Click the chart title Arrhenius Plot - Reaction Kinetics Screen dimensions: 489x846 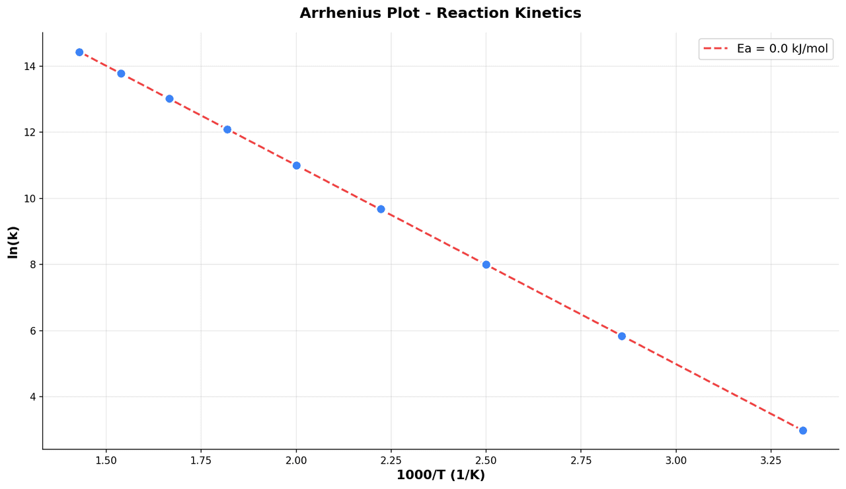(440, 13)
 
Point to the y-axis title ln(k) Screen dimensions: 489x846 (13, 242)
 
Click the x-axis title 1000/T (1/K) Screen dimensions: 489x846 (440, 475)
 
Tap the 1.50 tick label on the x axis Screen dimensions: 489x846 (106, 460)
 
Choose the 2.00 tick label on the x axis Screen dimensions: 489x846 (296, 460)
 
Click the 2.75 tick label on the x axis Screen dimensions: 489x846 (581, 460)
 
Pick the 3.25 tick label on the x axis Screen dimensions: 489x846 (771, 460)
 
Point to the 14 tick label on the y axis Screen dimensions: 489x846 (30, 66)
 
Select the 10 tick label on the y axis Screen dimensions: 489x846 (30, 198)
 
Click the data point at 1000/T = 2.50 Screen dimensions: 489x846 (486, 264)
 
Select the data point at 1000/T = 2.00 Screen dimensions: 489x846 (296, 166)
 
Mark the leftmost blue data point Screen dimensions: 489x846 (79, 52)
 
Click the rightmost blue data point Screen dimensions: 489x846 (802, 430)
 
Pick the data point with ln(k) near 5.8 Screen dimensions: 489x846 (621, 336)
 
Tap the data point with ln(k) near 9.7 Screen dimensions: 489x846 (381, 209)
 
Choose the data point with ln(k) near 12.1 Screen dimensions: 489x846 (227, 130)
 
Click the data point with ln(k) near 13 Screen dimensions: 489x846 (169, 99)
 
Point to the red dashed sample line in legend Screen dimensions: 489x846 (715, 49)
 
